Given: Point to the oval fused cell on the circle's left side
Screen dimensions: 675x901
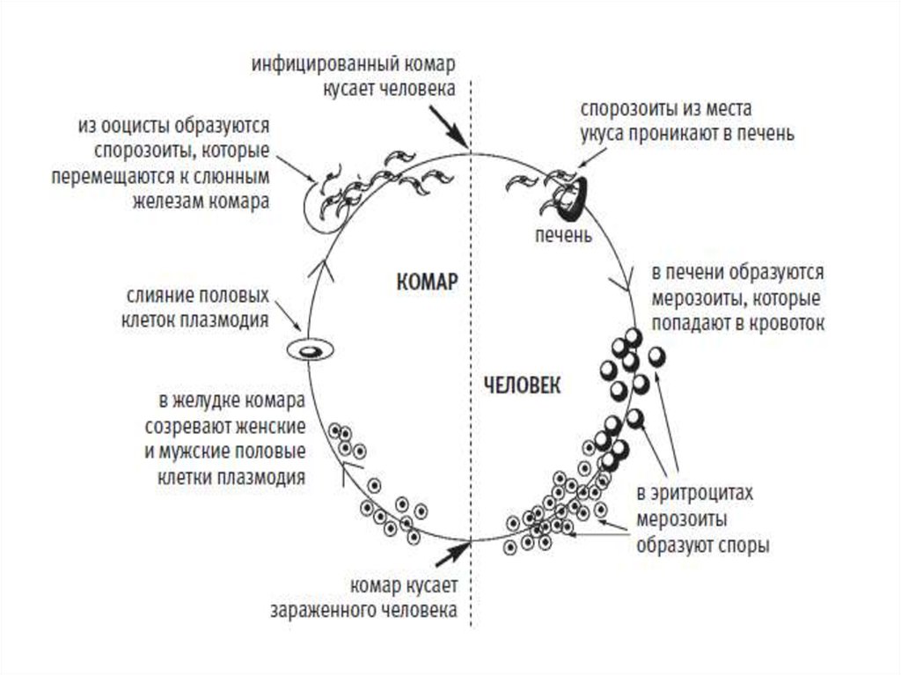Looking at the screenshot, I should coord(310,350).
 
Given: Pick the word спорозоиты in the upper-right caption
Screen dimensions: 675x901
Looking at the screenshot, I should coord(627,111).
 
